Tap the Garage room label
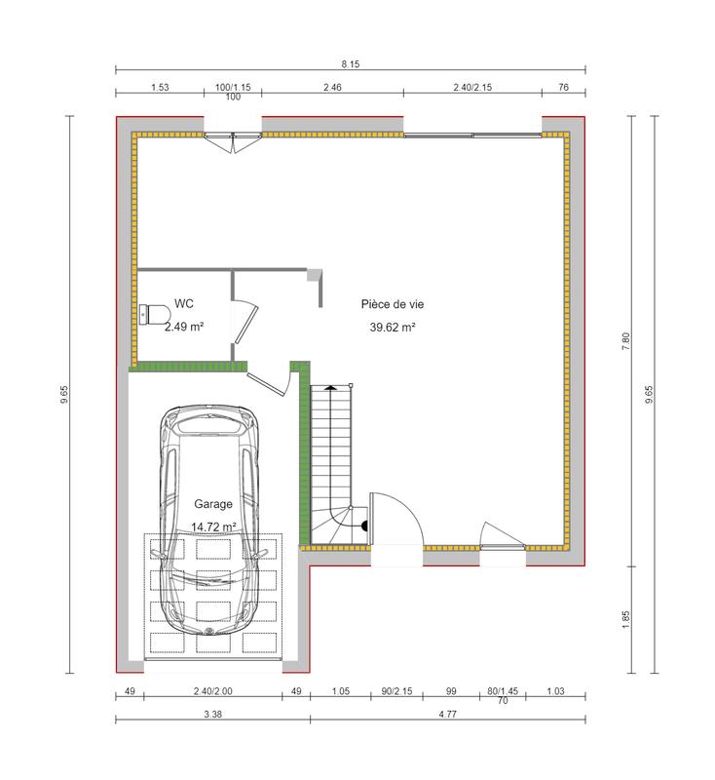pyautogui.click(x=212, y=504)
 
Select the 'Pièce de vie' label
pyautogui.click(x=392, y=304)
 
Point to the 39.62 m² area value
pyautogui.click(x=393, y=328)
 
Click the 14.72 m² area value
pyautogui.click(x=214, y=526)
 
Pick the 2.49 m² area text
pyautogui.click(x=183, y=327)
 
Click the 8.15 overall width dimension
pyautogui.click(x=351, y=63)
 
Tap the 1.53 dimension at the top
pyautogui.click(x=161, y=88)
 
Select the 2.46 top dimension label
pyautogui.click(x=332, y=88)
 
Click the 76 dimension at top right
pyautogui.click(x=563, y=88)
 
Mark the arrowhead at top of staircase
pyautogui.click(x=332, y=387)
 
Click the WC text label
pyautogui.click(x=184, y=303)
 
